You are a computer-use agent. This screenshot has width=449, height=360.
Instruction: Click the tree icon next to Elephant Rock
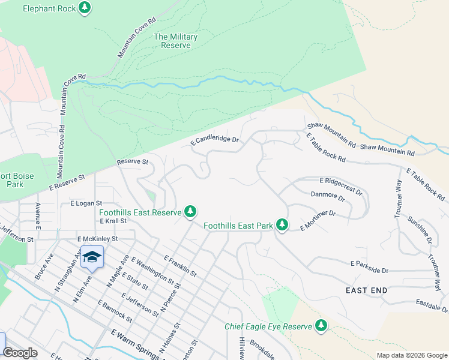click(85, 8)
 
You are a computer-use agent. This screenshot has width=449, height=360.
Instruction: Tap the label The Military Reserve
click(175, 41)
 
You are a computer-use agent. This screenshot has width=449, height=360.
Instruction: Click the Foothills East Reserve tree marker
click(190, 212)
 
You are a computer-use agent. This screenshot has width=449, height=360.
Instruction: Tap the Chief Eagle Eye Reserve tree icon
click(322, 326)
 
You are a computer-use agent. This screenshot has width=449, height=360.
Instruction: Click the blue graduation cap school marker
click(91, 256)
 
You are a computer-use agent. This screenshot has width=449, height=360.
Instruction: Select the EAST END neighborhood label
click(366, 290)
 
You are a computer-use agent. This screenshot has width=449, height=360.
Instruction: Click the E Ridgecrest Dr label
click(341, 185)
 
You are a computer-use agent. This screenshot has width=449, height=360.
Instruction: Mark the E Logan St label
click(86, 203)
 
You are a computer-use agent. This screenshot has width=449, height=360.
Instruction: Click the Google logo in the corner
click(20, 353)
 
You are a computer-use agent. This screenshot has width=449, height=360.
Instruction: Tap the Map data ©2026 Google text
click(411, 355)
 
